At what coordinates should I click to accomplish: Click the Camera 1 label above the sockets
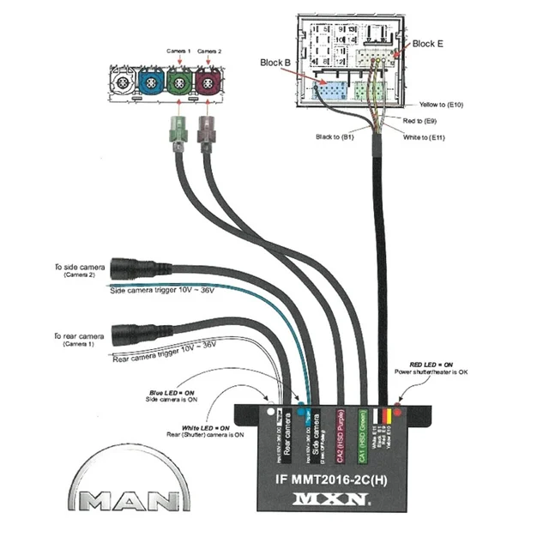click(178, 51)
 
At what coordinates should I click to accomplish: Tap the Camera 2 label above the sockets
click(209, 51)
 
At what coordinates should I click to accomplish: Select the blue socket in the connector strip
click(149, 84)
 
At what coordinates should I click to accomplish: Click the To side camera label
click(80, 268)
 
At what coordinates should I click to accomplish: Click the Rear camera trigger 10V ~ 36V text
click(165, 350)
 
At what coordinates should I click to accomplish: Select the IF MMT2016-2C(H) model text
click(331, 478)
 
